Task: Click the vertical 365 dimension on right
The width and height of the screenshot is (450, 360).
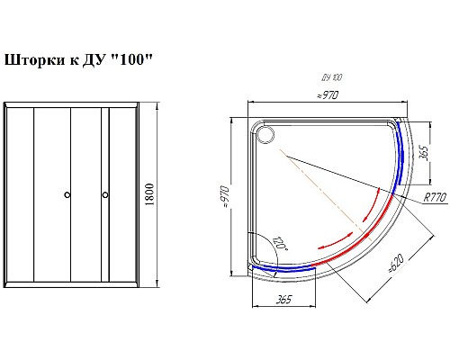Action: (x=424, y=153)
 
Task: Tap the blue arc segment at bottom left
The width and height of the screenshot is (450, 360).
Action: (x=283, y=267)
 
